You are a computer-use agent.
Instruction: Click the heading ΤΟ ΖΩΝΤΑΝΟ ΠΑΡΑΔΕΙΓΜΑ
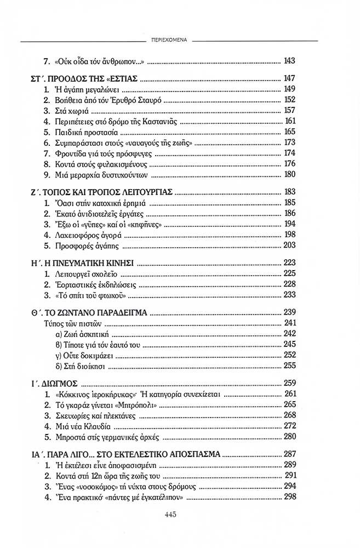tap(98, 312)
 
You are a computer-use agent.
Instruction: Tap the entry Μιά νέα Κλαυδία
tap(81, 426)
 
